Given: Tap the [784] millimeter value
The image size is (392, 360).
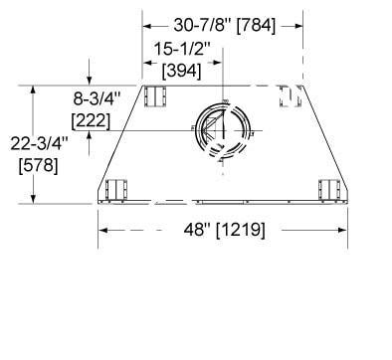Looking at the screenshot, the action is pyautogui.click(x=256, y=26).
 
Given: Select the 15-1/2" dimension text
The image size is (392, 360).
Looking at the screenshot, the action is pyautogui.click(x=183, y=50).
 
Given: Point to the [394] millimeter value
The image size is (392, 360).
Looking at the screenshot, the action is pyautogui.click(x=181, y=71).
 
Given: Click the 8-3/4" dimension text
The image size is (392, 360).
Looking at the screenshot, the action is pyautogui.click(x=97, y=98).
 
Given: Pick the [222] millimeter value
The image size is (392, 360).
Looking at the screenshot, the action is pyautogui.click(x=91, y=120).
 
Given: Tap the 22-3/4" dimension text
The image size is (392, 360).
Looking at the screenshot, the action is pyautogui.click(x=39, y=143).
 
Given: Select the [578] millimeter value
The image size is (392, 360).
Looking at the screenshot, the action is pyautogui.click(x=39, y=165).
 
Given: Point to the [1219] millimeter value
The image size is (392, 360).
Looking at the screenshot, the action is pyautogui.click(x=241, y=230).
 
